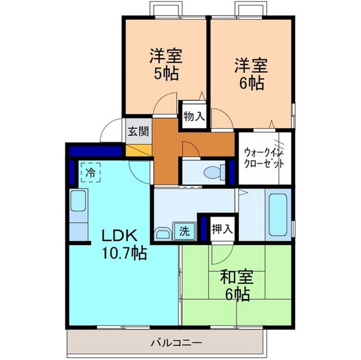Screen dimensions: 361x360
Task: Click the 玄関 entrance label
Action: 138,131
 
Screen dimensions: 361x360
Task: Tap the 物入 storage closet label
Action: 194,117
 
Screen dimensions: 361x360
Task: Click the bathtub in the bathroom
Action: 278,215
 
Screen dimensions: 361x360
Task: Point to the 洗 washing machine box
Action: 184,231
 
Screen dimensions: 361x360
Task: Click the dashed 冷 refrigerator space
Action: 91,172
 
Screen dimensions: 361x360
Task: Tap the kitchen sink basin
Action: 78,201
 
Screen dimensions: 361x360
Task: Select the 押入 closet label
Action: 222,229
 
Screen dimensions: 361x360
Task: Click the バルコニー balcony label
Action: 177,343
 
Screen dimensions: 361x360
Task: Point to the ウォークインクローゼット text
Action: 265,159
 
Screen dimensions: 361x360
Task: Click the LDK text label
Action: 120,236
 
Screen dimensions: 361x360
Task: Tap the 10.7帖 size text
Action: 124,253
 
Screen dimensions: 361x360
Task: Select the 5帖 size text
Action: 166,73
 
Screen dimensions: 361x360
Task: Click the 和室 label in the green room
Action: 237,277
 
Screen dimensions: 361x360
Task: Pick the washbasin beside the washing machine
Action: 163,234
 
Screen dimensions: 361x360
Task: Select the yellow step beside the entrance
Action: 139,150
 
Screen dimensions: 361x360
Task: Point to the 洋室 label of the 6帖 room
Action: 251,66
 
